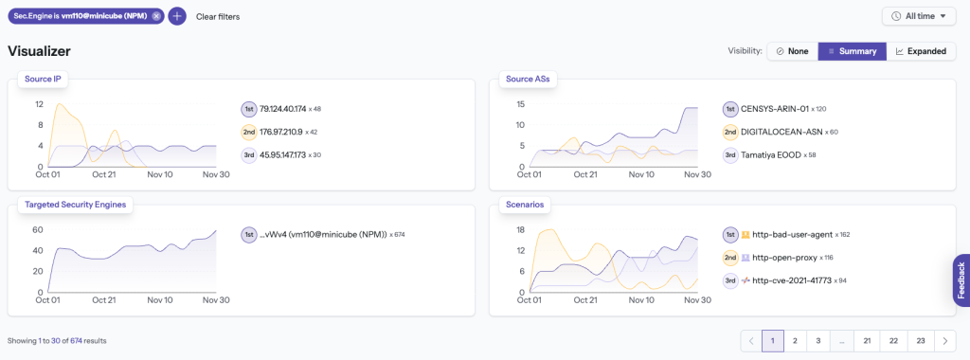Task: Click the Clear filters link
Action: (218, 17)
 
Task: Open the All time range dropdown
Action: (919, 16)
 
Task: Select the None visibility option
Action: (792, 51)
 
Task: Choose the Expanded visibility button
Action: (921, 51)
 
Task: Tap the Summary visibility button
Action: (852, 51)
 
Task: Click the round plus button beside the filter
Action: (177, 16)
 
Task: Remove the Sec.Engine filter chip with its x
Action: (156, 16)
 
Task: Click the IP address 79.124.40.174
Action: (283, 109)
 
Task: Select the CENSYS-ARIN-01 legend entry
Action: (770, 109)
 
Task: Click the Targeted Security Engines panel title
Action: (76, 204)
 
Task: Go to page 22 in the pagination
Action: (891, 340)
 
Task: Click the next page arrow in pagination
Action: (944, 340)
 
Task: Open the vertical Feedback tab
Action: (961, 280)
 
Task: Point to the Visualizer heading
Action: (39, 51)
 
